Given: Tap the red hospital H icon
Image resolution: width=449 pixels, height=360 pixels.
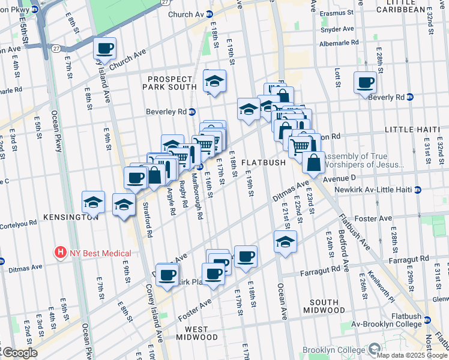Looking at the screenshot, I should tap(60, 253).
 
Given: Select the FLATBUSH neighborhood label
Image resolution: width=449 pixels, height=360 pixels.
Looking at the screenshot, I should tap(259, 163).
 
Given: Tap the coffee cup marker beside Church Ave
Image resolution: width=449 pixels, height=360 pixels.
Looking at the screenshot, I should tap(104, 49).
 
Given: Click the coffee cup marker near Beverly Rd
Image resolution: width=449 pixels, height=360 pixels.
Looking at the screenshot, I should tap(364, 83).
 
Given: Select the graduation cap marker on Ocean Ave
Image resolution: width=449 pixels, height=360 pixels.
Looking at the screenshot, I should tap(285, 242).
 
